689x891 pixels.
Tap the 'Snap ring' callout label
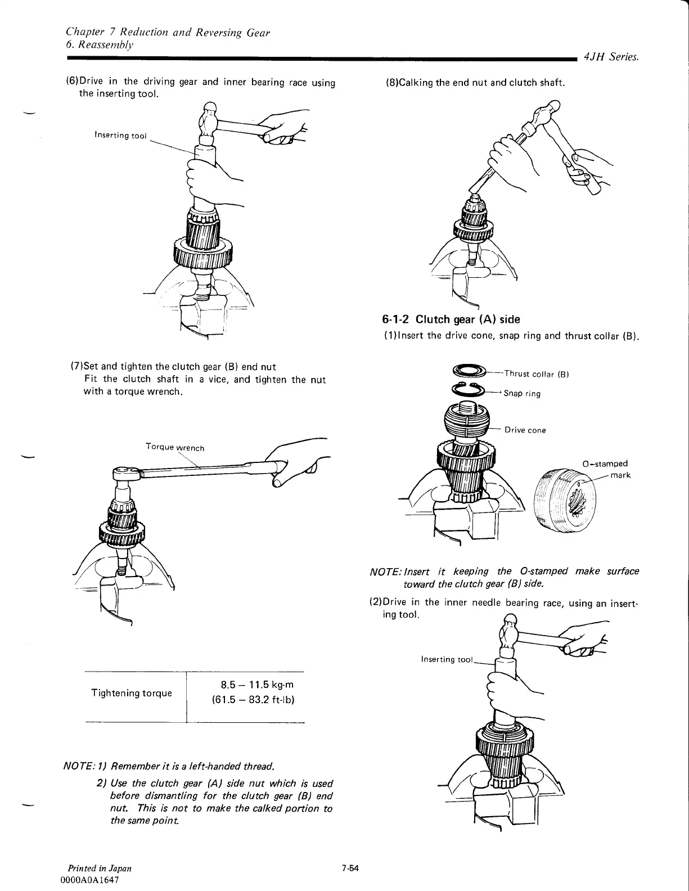click(522, 393)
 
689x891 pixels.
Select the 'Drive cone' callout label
click(525, 430)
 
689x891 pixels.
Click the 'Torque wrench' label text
click(175, 447)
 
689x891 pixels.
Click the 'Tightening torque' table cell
click(132, 693)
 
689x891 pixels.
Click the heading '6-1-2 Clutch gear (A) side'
click(451, 319)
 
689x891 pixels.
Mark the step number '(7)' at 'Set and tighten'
click(75, 367)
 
